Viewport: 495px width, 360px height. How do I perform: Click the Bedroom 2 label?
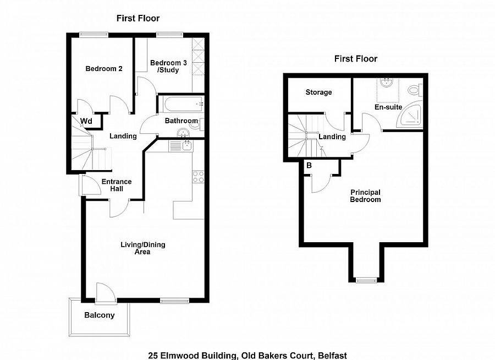(104, 69)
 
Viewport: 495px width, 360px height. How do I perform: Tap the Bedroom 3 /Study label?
(168, 67)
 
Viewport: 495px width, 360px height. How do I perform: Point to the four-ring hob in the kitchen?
(198, 177)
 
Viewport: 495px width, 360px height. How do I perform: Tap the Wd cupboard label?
(86, 121)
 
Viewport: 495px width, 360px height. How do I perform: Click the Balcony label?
(100, 315)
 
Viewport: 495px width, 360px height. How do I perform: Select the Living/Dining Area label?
(142, 248)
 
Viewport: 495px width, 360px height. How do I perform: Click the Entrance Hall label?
(117, 185)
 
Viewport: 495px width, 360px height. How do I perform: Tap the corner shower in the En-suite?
(411, 114)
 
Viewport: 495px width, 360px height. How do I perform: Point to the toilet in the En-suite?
(415, 90)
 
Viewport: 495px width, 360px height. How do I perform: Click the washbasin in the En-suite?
(387, 83)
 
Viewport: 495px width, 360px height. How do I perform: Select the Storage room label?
(318, 92)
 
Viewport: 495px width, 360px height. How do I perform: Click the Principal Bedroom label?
(365, 196)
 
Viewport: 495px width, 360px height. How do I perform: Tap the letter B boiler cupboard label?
(309, 165)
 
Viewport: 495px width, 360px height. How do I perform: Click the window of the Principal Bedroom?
(366, 280)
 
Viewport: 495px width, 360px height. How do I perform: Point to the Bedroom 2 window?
(94, 35)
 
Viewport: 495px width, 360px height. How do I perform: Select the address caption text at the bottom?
(248, 356)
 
